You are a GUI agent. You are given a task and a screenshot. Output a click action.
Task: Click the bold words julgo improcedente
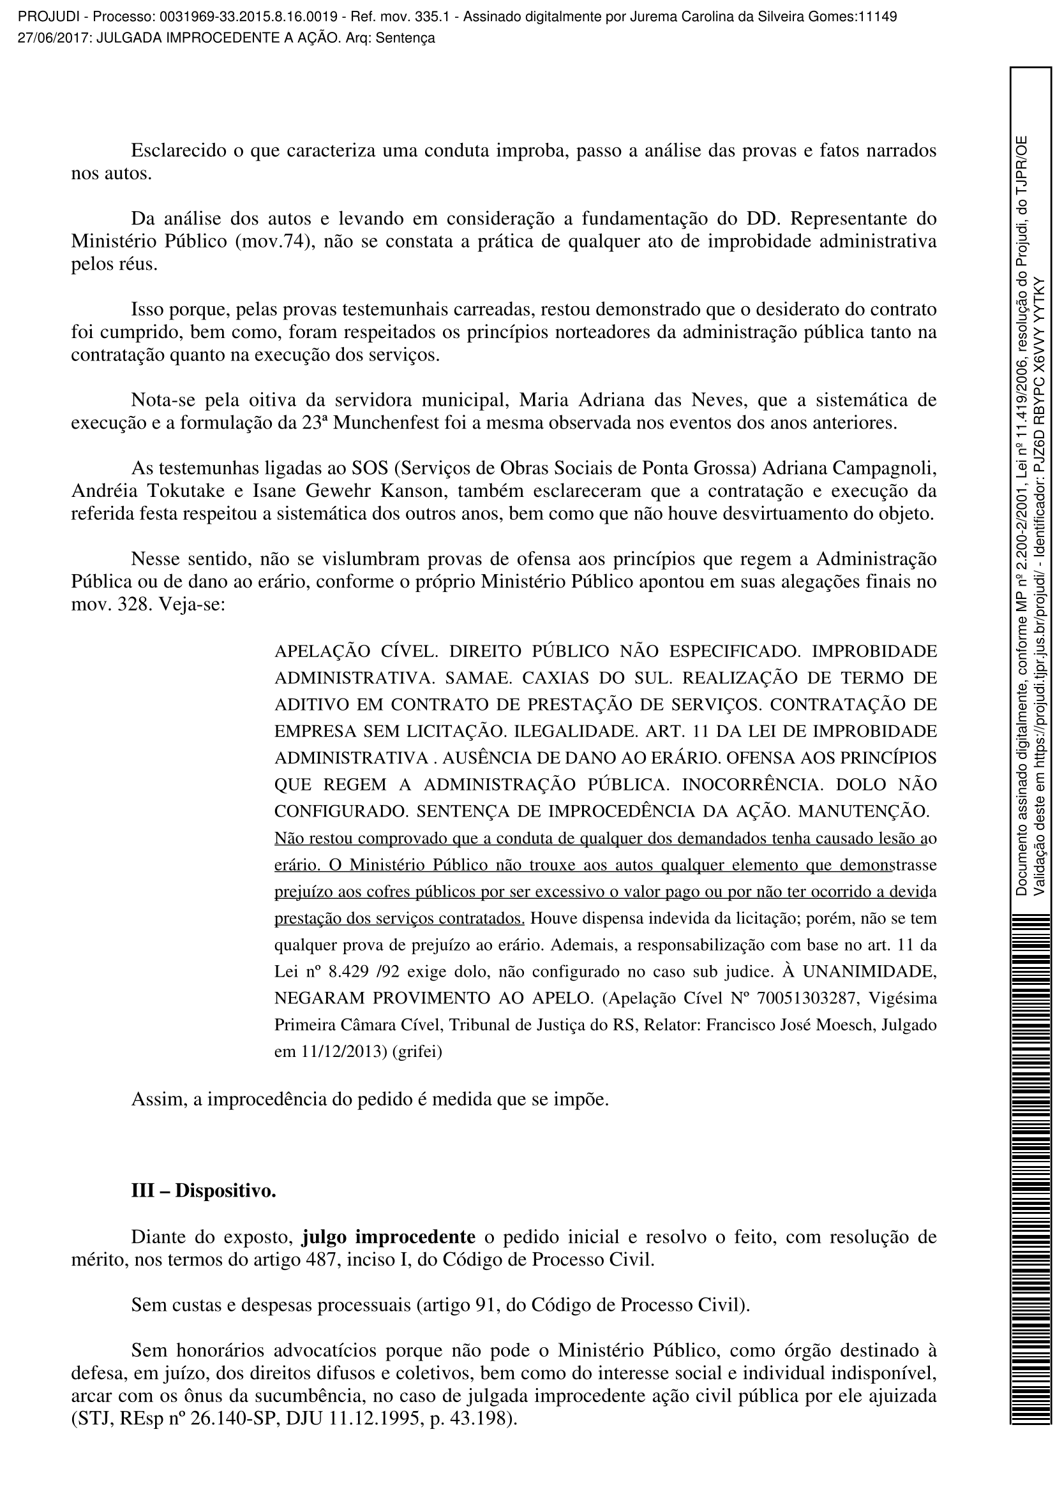pos(388,1236)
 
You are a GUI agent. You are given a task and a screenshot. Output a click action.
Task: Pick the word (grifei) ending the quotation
pos(418,1051)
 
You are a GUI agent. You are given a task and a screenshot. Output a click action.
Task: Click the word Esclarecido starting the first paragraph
pos(178,150)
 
